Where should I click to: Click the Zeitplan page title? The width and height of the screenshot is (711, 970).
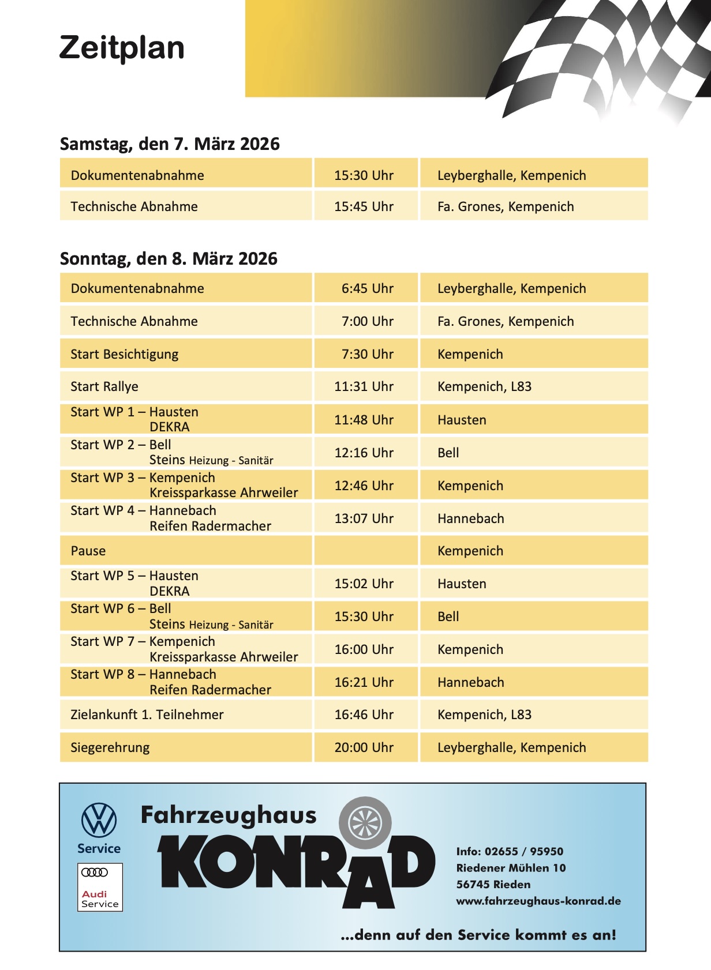click(x=122, y=48)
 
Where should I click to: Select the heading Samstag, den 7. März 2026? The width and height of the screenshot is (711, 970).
click(x=170, y=144)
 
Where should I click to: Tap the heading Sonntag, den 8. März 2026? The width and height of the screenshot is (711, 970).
click(x=169, y=258)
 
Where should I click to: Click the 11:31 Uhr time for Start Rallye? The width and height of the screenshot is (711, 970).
click(x=364, y=386)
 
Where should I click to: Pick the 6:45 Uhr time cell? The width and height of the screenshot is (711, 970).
click(x=367, y=288)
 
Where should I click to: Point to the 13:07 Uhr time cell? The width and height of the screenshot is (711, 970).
click(x=364, y=518)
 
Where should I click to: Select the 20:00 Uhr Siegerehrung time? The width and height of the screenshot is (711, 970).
click(x=364, y=747)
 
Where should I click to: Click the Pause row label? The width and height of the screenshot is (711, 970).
click(x=88, y=551)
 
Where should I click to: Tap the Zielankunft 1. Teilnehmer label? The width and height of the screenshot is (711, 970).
click(x=147, y=715)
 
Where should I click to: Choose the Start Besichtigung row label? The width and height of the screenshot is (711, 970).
click(x=124, y=354)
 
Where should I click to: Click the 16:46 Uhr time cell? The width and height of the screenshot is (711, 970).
click(x=364, y=715)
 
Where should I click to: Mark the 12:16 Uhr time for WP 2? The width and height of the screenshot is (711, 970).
click(x=364, y=453)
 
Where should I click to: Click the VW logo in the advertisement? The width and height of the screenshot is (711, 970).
click(x=99, y=820)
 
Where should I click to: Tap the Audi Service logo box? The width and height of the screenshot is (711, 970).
click(x=100, y=887)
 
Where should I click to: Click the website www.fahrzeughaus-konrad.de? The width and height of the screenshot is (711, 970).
click(x=538, y=901)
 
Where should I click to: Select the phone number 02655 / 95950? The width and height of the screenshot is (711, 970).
click(x=524, y=851)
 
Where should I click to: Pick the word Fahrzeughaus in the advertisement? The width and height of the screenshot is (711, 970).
click(x=229, y=815)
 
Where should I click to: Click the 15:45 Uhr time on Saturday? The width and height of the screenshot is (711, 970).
click(x=364, y=206)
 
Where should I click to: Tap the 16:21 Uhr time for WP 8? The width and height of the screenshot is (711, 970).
click(x=364, y=682)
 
